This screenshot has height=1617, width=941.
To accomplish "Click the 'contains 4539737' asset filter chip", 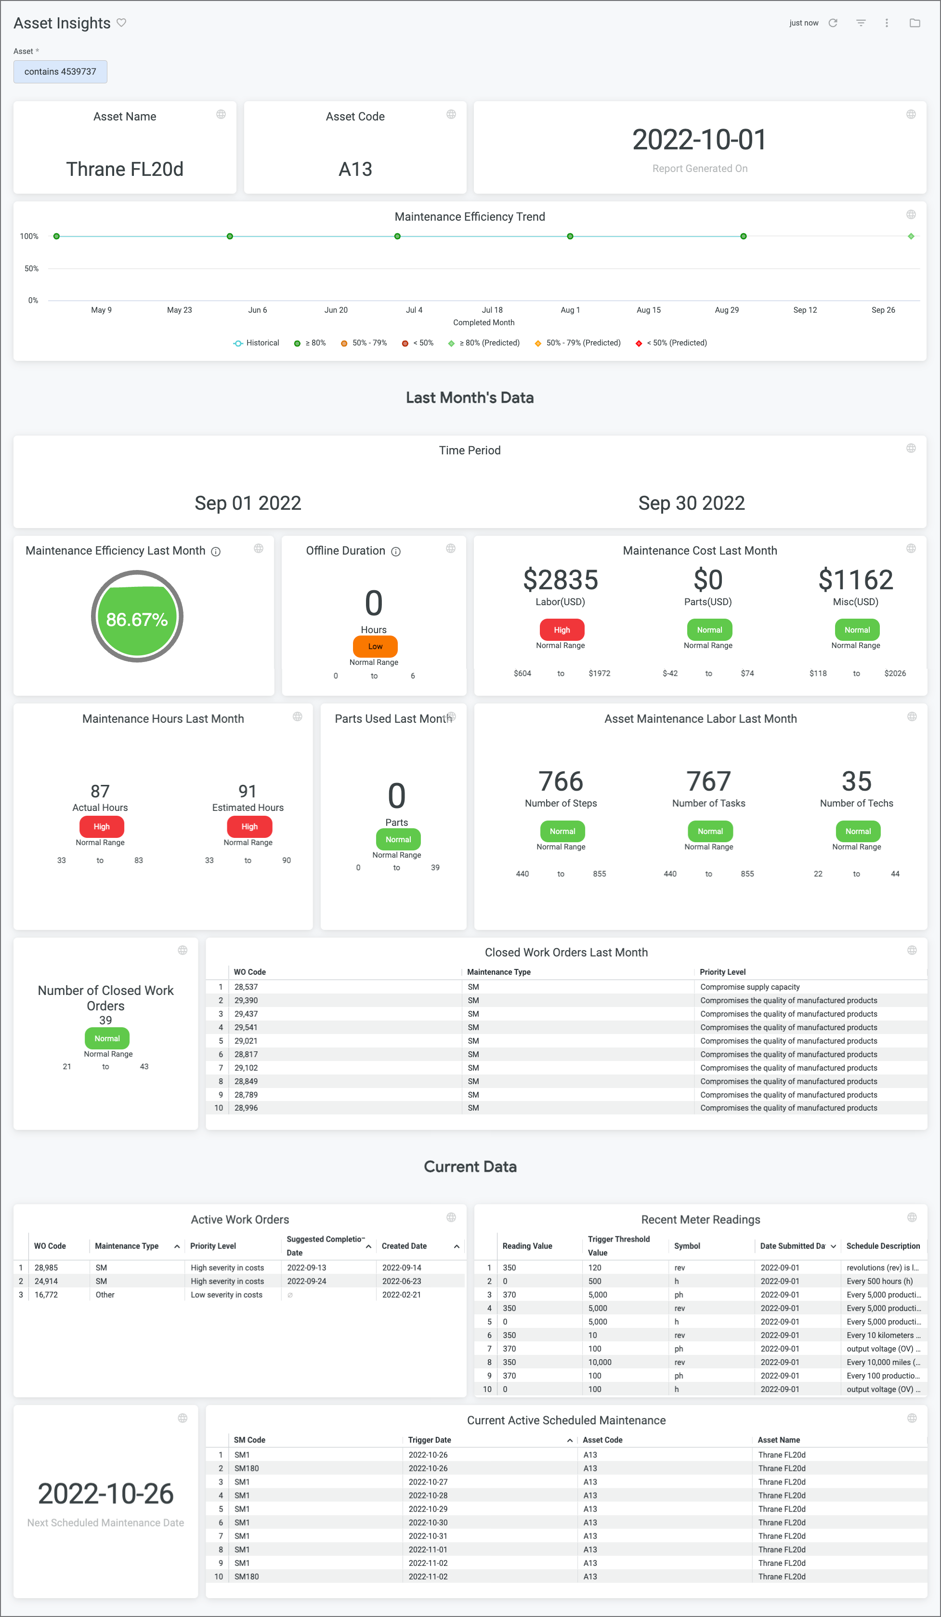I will tap(60, 72).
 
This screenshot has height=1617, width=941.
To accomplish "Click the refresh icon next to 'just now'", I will tap(833, 23).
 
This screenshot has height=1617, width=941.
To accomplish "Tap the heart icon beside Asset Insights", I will tap(122, 23).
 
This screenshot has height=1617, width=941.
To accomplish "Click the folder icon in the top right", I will tap(915, 23).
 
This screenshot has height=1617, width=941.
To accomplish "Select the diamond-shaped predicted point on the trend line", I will tap(911, 237).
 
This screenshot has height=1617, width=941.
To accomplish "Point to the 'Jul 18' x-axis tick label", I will tap(492, 310).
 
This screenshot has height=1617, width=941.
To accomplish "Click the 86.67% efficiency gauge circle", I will tap(137, 617).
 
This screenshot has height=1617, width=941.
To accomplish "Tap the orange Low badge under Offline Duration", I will tap(375, 646).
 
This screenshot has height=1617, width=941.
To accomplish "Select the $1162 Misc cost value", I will tap(856, 580).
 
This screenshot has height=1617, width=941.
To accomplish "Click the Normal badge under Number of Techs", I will tap(858, 832).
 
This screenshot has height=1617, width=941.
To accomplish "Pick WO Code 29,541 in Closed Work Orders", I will tap(246, 1027).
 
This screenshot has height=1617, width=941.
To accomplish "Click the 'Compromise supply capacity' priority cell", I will tap(749, 987).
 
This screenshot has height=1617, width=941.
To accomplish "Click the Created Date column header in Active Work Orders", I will tap(404, 1246).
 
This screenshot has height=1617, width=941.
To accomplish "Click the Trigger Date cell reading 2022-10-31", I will tap(428, 1536).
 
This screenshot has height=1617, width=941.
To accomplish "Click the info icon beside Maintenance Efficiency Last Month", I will tap(216, 552).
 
